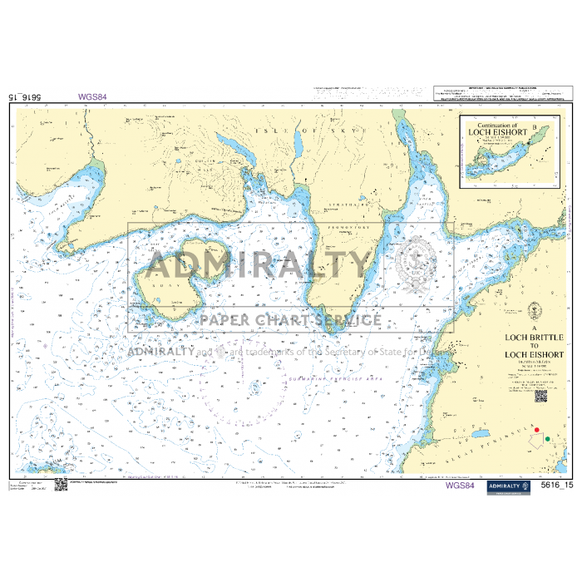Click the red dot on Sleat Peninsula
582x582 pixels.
pos(537,431)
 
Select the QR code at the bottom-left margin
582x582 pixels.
pos(61,484)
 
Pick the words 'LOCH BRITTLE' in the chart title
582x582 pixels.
pos(535,337)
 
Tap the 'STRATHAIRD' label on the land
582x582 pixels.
pos(343,200)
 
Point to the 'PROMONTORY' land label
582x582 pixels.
pos(348,227)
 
